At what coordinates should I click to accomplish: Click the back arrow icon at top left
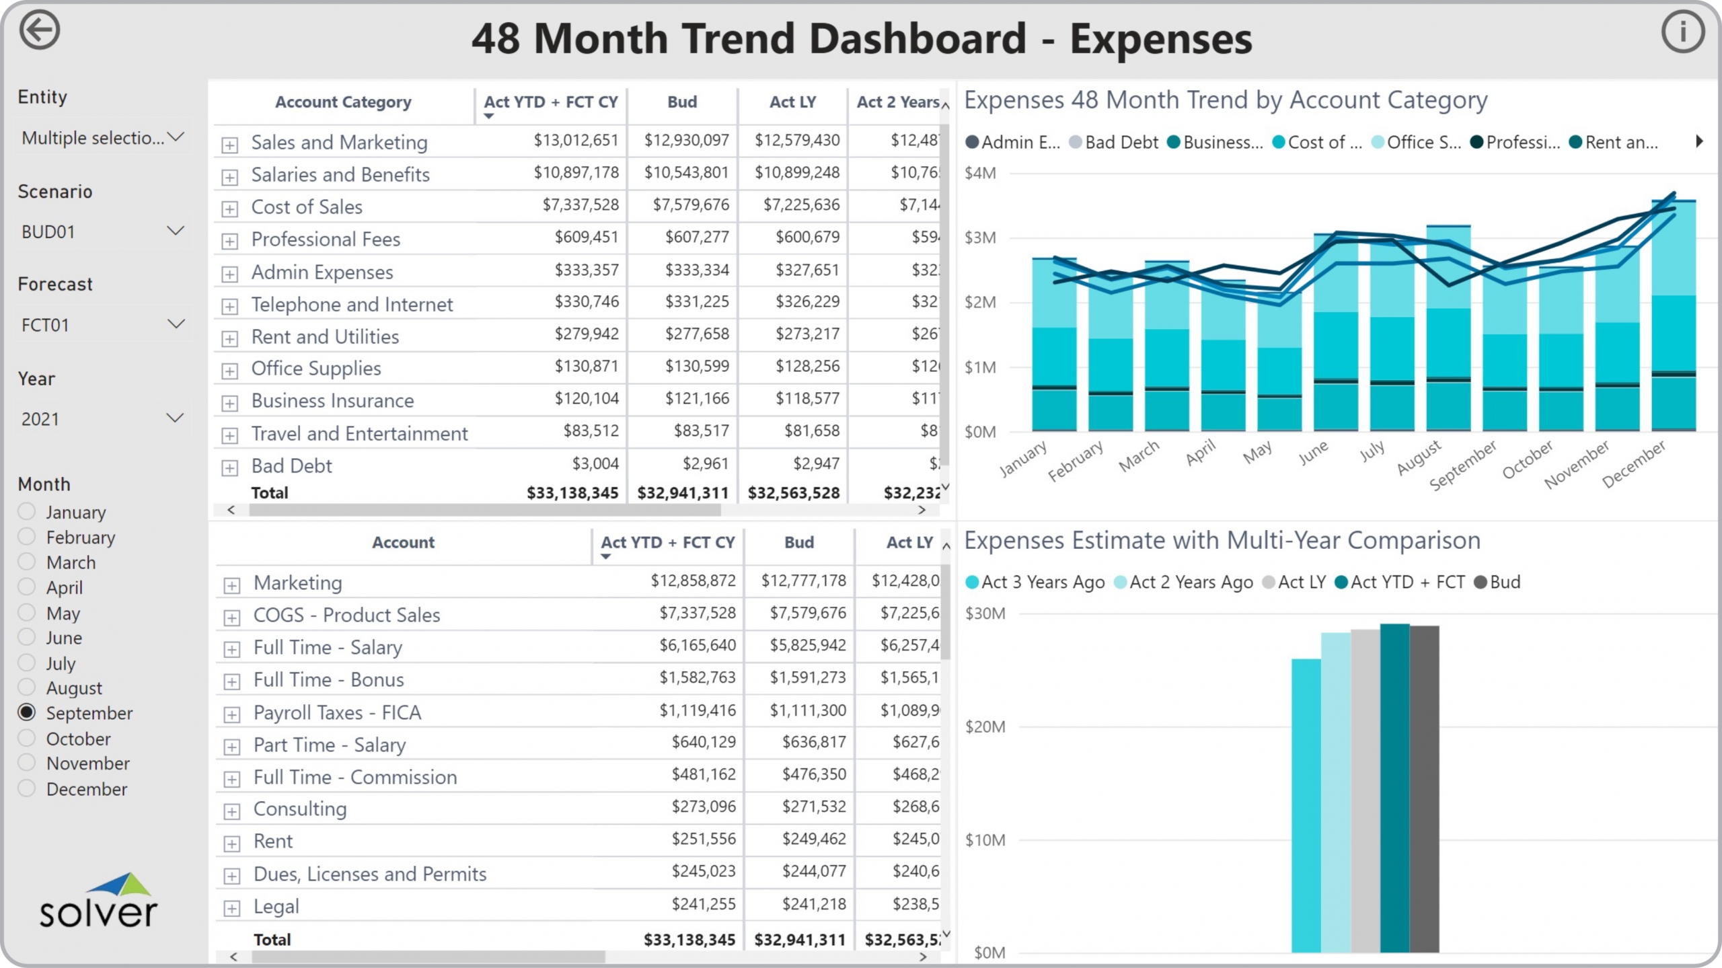[40, 30]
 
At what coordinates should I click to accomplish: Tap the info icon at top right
[1682, 32]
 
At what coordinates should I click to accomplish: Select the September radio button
[27, 712]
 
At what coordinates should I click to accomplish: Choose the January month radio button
[27, 511]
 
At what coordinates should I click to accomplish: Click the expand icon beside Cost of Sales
[230, 209]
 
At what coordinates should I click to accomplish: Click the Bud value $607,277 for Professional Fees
[697, 237]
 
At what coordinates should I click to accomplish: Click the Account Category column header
[343, 102]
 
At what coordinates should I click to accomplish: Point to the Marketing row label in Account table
[298, 583]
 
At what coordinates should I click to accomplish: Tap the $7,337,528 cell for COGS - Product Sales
[697, 613]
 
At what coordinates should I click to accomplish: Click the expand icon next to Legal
[232, 909]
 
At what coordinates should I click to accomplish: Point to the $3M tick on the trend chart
[980, 237]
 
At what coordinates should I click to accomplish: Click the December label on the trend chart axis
[1634, 464]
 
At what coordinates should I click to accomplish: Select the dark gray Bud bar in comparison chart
[1425, 787]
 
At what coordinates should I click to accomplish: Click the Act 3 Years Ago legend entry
[1035, 582]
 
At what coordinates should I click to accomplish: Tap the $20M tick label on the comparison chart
[985, 727]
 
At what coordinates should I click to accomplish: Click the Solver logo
[98, 901]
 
